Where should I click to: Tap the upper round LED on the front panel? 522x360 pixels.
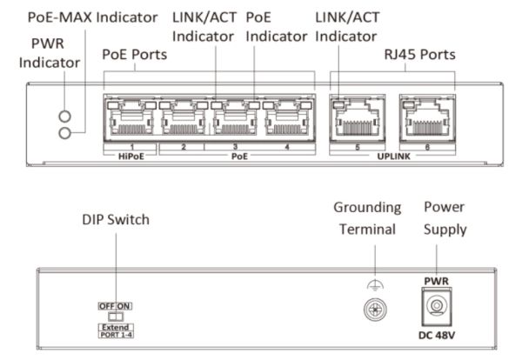[x=64, y=116]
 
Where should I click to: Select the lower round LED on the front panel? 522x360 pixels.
[x=64, y=132]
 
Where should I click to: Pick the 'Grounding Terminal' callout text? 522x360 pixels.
[x=368, y=219]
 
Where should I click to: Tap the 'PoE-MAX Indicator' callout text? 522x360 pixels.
[x=92, y=17]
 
